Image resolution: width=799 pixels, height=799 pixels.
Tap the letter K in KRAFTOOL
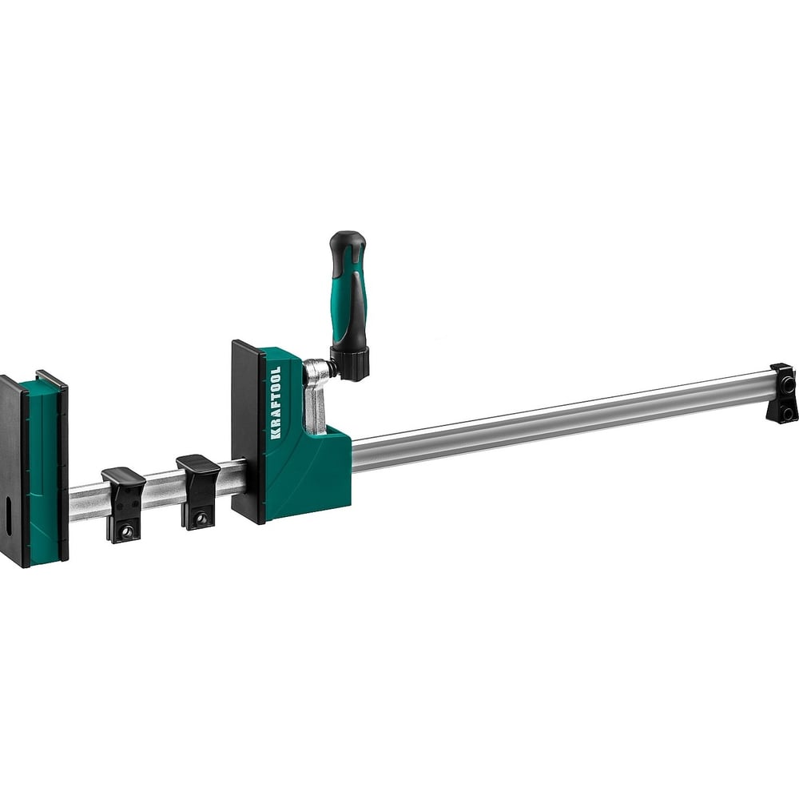point(275,435)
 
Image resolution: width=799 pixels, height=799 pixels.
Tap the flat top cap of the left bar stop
point(123,475)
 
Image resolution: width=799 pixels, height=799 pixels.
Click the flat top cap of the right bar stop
point(198,463)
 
